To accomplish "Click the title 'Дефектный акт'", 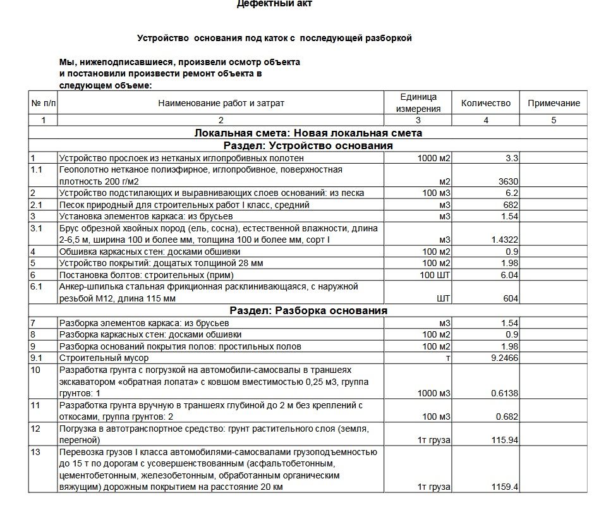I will point(274,4).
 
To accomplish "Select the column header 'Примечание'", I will point(554,103).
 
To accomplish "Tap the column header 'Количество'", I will point(485,103).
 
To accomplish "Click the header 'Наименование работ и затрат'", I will point(221,103).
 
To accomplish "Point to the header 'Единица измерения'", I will point(417,103).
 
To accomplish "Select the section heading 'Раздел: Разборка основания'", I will point(308,310).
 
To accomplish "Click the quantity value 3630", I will point(508,181).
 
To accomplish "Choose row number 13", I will point(35,452).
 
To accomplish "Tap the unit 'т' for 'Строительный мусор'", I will point(448,358).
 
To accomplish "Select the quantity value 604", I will point(511,299).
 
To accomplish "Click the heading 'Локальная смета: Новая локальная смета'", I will point(308,133).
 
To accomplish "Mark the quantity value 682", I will point(511,205).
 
